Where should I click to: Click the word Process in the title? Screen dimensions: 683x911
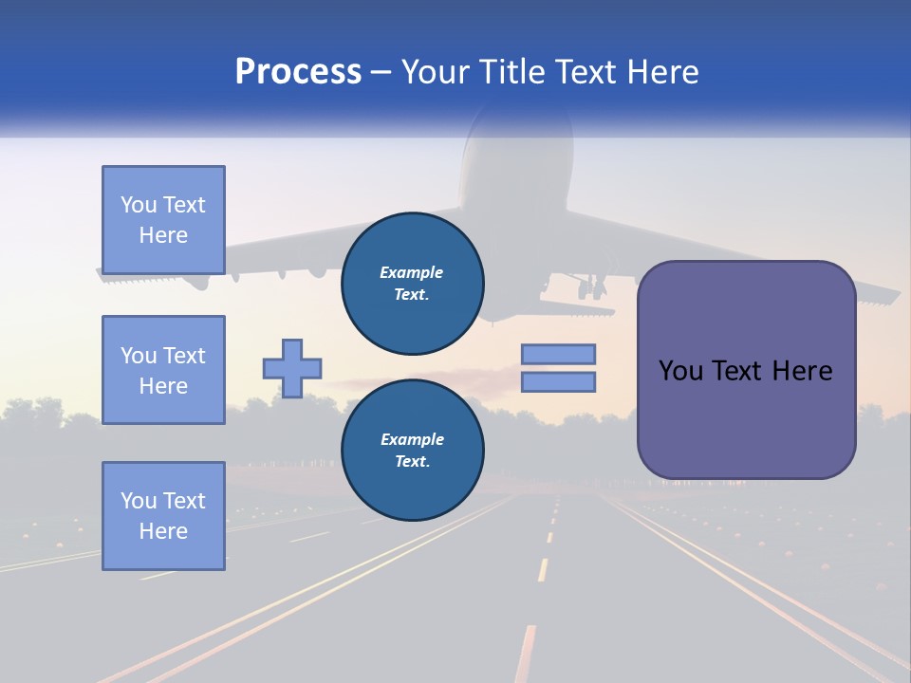click(298, 72)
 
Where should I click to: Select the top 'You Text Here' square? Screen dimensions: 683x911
click(163, 220)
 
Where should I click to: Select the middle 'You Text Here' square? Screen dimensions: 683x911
click(163, 370)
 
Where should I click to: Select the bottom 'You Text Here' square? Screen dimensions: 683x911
click(163, 515)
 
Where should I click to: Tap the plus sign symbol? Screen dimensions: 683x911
click(292, 368)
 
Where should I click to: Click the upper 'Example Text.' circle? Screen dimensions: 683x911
click(412, 283)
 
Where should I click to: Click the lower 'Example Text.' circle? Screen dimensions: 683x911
click(412, 450)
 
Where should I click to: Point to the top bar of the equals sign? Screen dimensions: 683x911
click(558, 354)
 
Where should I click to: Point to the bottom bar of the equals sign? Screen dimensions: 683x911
click(558, 381)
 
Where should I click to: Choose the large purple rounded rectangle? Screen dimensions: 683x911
click(746, 370)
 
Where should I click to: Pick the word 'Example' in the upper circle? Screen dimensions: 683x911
click(412, 272)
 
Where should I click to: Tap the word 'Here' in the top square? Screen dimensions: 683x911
click(163, 235)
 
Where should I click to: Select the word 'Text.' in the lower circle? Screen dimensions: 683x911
click(412, 462)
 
